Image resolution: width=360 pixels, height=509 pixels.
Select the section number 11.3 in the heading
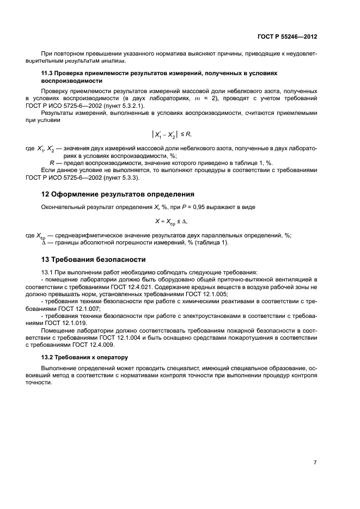point(48,72)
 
